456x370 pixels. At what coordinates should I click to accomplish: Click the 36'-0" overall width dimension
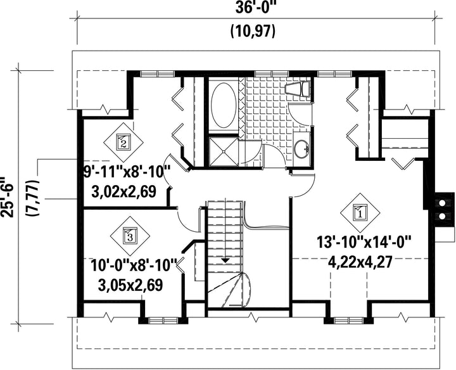coord(255,8)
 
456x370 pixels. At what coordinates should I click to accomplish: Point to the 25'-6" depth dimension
coord(6,196)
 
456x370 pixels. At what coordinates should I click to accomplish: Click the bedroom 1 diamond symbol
coord(360,213)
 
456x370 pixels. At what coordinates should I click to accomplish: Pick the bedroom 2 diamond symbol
coord(123,142)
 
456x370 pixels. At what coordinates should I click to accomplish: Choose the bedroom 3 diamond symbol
coord(130,235)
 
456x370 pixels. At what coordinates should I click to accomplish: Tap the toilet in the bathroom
coord(297,89)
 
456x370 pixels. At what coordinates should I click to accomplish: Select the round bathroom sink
coord(301,148)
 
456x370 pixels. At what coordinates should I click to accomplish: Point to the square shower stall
coord(224,151)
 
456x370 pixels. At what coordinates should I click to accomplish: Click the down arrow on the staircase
coord(225,261)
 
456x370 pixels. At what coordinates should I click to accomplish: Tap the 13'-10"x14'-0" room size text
coord(364,242)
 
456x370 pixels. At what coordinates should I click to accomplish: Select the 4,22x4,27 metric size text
coord(360,262)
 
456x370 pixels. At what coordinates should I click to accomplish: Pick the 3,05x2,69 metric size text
coord(130,285)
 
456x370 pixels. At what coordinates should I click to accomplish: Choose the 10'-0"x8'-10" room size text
coord(134,265)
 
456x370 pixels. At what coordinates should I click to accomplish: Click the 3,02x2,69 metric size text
coord(123,192)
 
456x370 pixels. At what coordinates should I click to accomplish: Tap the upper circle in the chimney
coord(442,203)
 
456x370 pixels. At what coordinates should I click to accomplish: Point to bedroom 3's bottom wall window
coord(163,321)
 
